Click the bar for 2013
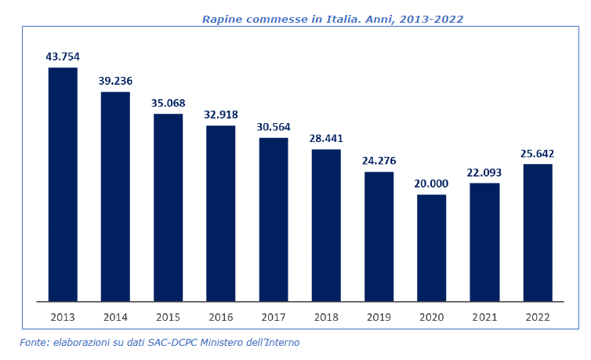[63, 184]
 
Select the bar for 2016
[221, 213]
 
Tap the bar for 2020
[431, 248]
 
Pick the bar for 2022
[538, 232]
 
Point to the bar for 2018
[326, 225]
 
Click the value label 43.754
[63, 56]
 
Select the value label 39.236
[115, 81]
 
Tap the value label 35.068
[168, 103]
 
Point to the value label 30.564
[274, 126]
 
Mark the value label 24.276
[379, 161]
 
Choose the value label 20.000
[431, 184]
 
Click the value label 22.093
[484, 172]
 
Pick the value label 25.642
[538, 153]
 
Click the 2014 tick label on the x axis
[115, 317]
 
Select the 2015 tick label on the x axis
[168, 317]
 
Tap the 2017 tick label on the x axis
[274, 317]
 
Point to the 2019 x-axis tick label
[379, 317]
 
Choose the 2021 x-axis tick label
[484, 317]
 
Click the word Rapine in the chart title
[221, 19]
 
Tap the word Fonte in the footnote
[34, 343]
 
